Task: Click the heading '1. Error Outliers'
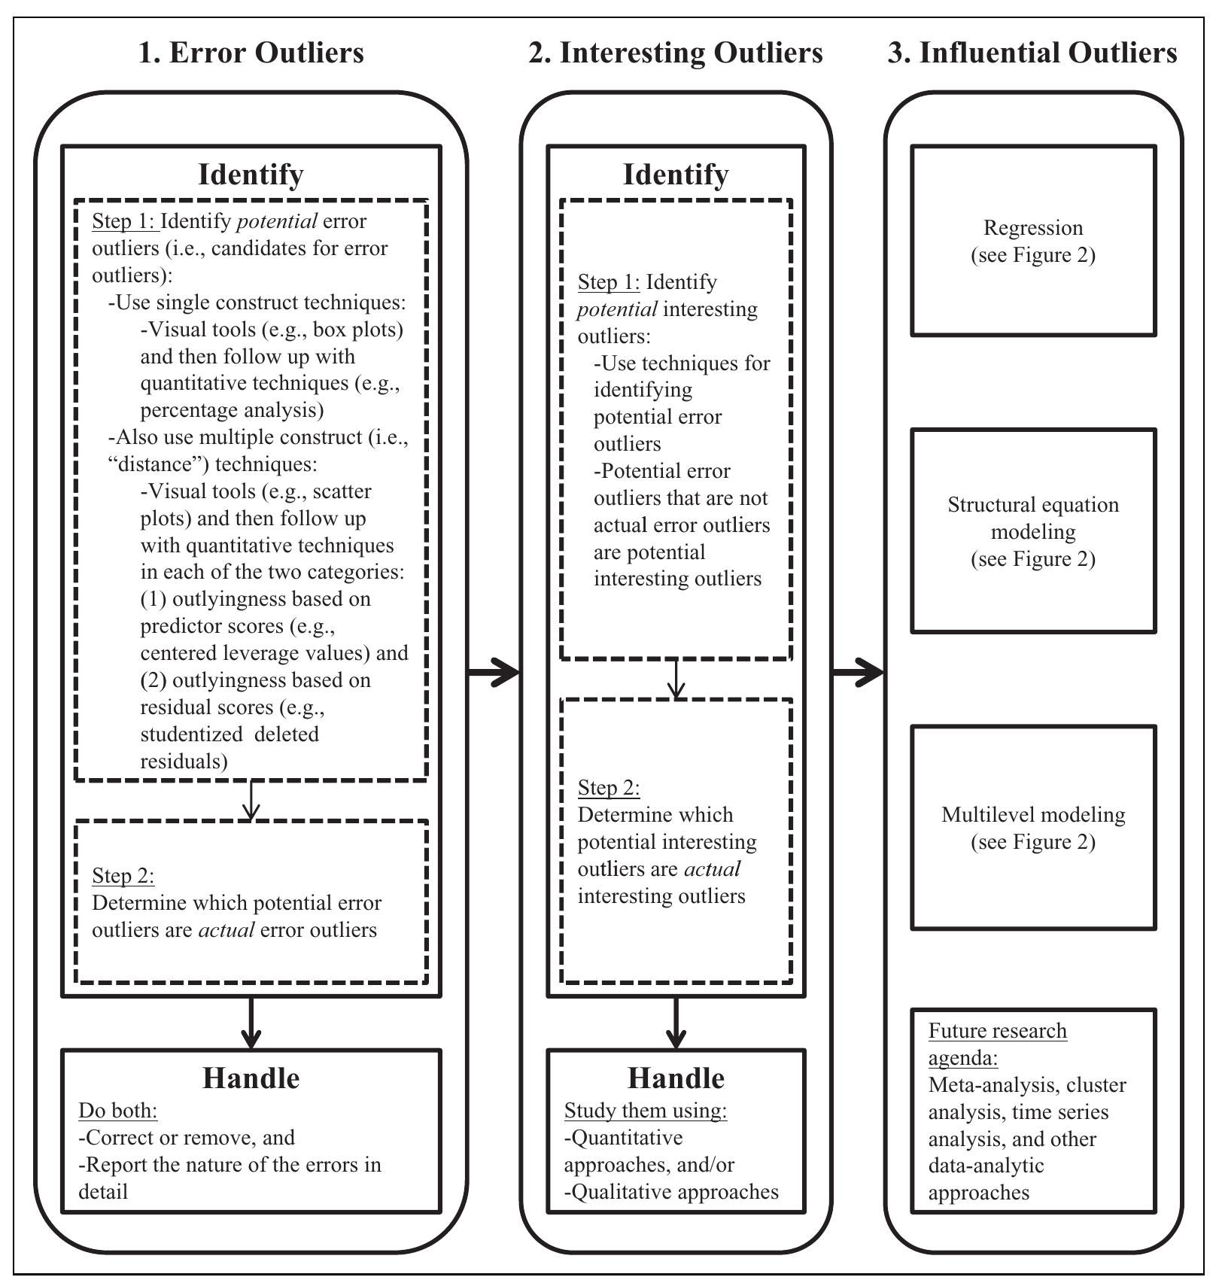click(251, 53)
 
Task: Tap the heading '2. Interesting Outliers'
click(675, 53)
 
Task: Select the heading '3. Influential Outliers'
click(1032, 53)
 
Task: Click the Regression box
click(1032, 241)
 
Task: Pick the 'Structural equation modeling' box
click(1032, 531)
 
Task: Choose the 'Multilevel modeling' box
click(1032, 827)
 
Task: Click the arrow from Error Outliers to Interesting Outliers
click(493, 671)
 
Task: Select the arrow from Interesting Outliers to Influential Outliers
click(857, 671)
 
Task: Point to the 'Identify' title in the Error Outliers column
click(251, 174)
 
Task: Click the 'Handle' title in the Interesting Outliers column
click(676, 1078)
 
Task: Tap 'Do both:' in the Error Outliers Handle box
click(117, 1111)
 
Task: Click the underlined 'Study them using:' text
click(645, 1111)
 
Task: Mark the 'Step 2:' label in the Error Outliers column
click(123, 875)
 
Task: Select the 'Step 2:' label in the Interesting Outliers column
click(608, 788)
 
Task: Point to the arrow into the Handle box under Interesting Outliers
click(676, 1023)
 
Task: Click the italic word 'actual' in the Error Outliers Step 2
click(226, 930)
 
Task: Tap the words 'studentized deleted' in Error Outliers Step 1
click(230, 734)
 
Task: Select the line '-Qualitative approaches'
click(670, 1192)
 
